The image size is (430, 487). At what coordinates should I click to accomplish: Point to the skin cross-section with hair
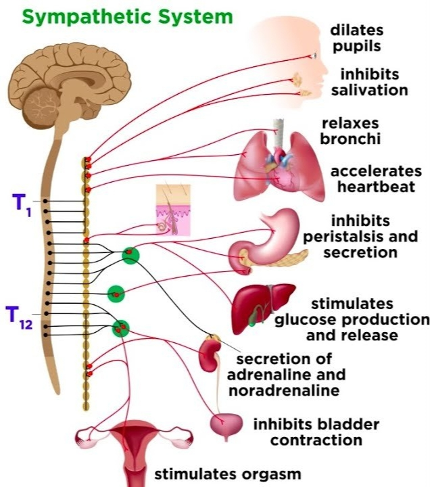point(172,210)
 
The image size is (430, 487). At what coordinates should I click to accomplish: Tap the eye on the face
point(314,55)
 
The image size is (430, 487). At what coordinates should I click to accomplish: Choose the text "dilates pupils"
point(356,39)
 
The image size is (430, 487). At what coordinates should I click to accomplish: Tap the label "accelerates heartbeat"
point(376,179)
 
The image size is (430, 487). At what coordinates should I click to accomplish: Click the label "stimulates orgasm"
point(227,473)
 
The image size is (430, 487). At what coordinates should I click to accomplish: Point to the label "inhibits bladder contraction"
point(315,433)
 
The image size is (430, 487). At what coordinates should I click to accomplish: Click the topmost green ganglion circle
point(130,255)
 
